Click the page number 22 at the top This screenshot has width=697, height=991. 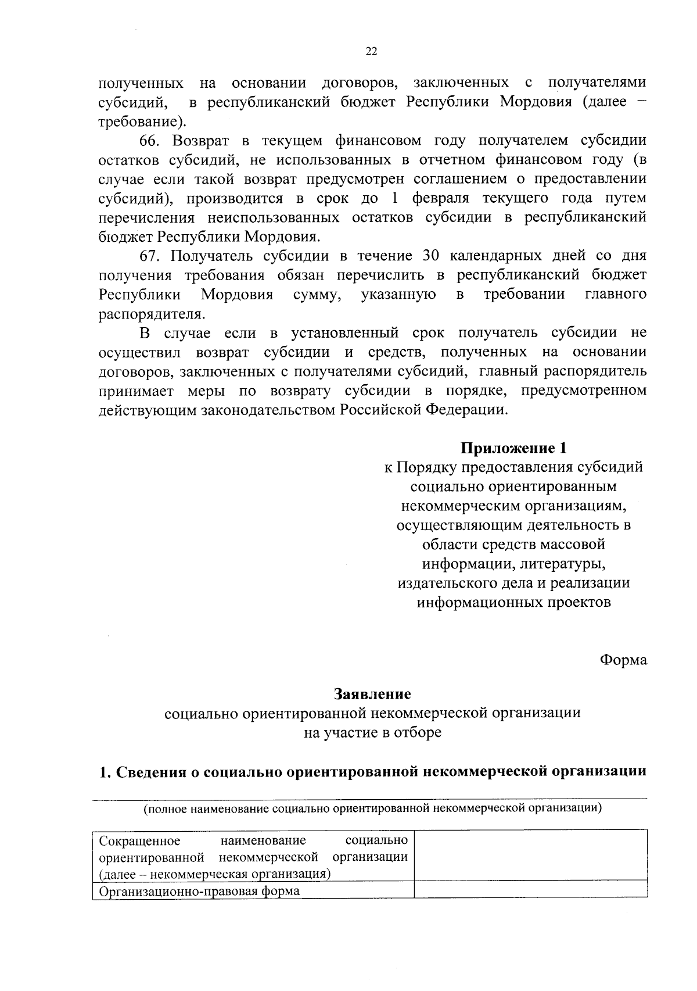click(x=372, y=51)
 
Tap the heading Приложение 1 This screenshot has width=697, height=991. click(x=513, y=448)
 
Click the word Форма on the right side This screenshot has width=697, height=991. click(x=623, y=660)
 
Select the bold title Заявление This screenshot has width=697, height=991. click(x=372, y=694)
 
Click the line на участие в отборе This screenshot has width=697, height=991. click(x=372, y=732)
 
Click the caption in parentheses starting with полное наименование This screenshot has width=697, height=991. click(x=372, y=808)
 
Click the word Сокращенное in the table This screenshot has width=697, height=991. click(x=140, y=841)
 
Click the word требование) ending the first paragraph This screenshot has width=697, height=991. click(x=143, y=122)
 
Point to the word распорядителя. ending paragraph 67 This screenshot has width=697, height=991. click(x=152, y=314)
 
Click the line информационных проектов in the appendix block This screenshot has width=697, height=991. click(x=513, y=602)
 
